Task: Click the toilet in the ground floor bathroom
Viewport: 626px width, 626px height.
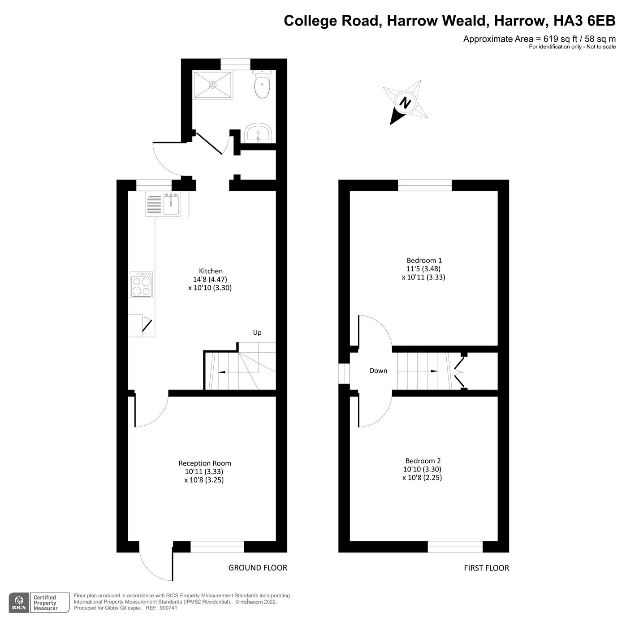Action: tap(262, 86)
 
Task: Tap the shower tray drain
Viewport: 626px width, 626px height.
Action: tap(212, 84)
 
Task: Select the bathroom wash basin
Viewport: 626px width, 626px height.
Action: tap(258, 133)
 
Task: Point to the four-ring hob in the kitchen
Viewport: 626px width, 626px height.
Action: tap(142, 285)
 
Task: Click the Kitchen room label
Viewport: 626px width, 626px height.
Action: tap(211, 271)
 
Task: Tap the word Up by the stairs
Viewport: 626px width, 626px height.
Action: tap(257, 332)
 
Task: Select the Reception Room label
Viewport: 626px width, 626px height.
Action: tap(205, 463)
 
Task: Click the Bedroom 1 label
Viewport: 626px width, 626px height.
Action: tap(424, 260)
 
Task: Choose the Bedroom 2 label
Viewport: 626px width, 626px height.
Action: tap(423, 461)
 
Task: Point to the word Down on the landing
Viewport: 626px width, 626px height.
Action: tap(378, 371)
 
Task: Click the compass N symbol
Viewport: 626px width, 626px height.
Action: tap(406, 103)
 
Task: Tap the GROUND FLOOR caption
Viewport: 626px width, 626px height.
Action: tap(258, 568)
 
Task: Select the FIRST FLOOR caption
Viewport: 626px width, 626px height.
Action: tap(486, 568)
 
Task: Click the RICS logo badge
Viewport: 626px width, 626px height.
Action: tap(18, 603)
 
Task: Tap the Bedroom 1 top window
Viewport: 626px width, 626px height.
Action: tap(425, 185)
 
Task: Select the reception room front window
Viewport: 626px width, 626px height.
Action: tap(217, 547)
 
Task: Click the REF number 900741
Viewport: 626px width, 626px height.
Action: tap(168, 608)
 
